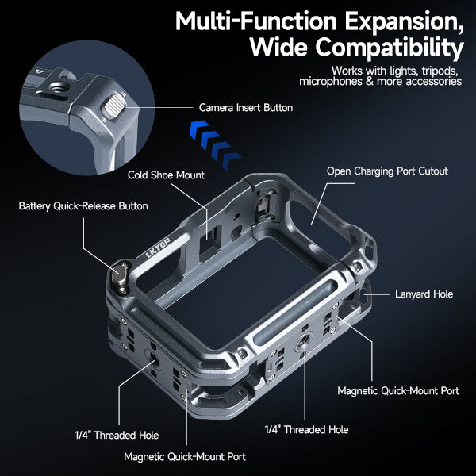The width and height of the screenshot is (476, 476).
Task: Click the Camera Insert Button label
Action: click(245, 107)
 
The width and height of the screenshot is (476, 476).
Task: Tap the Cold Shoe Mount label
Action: click(166, 175)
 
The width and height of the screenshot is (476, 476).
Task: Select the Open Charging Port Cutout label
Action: click(387, 171)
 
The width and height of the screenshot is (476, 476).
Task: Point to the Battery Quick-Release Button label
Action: click(83, 206)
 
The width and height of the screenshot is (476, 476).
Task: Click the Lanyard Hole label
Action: click(424, 294)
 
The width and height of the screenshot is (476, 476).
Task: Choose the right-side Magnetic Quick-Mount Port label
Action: click(397, 391)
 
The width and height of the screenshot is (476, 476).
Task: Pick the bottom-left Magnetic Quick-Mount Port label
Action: click(184, 456)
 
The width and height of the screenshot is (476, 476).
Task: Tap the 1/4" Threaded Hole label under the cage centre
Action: click(306, 429)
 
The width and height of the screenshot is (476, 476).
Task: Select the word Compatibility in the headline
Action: click(356, 48)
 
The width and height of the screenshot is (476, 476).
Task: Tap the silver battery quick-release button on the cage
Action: click(121, 274)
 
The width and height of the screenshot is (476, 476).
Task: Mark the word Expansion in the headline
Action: click(405, 19)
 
